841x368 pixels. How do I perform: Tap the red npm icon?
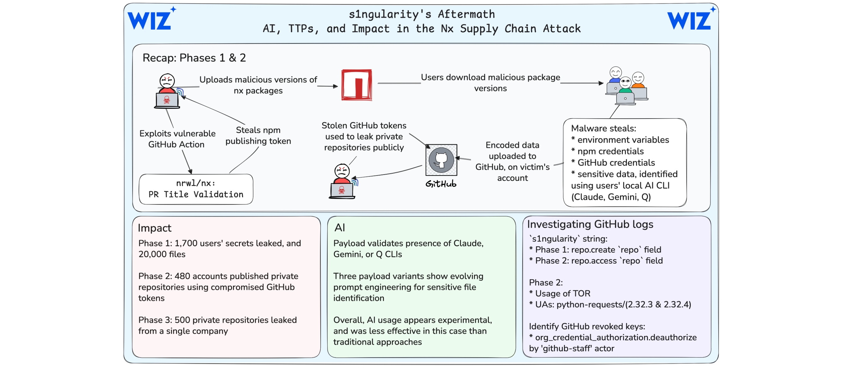[357, 85]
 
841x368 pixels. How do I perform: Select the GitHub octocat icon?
[441, 160]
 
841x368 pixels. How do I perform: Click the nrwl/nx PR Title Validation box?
[196, 189]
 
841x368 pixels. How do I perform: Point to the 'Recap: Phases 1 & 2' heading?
[194, 58]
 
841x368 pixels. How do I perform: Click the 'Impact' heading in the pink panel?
[154, 228]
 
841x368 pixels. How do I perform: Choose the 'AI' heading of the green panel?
[340, 228]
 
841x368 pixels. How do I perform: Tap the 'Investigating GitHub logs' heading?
[590, 224]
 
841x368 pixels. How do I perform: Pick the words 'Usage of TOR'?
[562, 293]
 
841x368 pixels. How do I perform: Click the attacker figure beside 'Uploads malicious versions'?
[167, 92]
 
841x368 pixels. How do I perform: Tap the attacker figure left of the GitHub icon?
[342, 181]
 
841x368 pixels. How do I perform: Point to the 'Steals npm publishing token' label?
[258, 136]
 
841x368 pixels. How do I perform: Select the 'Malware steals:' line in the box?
[603, 128]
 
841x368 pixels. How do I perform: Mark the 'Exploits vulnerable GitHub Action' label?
[177, 139]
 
